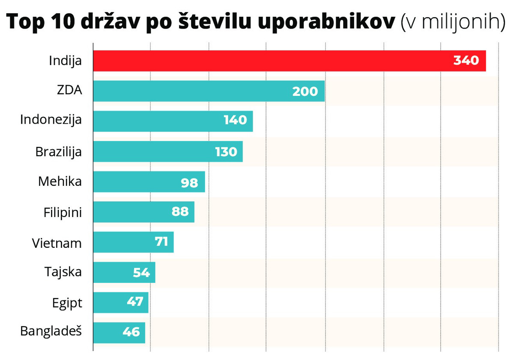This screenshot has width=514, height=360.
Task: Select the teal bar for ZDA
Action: tap(193, 91)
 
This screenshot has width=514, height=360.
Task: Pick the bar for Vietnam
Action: tap(124, 242)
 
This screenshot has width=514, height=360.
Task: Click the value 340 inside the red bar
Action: tap(466, 61)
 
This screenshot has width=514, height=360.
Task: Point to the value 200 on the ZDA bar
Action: tap(305, 91)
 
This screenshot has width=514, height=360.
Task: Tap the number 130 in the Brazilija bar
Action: tap(226, 152)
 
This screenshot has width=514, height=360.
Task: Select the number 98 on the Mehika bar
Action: tap(190, 182)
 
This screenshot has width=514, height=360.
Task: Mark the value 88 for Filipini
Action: tap(180, 212)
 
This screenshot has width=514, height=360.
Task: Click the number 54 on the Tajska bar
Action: tap(141, 273)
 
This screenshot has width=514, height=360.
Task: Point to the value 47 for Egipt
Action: tap(135, 302)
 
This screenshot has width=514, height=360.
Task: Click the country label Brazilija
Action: tap(59, 152)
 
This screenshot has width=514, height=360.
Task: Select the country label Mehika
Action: tap(60, 181)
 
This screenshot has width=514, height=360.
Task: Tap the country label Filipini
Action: tap(63, 212)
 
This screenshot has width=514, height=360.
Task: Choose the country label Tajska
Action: tap(63, 272)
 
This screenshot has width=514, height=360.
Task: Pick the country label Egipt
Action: tap(67, 303)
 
